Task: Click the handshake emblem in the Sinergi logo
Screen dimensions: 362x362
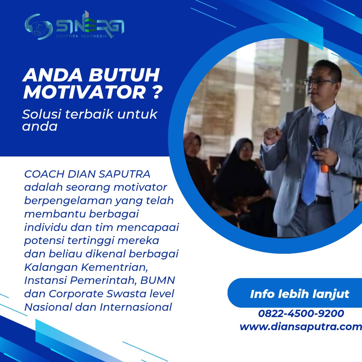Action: click(x=39, y=27)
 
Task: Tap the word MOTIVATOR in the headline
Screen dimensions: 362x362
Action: click(x=85, y=93)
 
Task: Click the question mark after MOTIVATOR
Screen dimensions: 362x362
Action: click(x=158, y=93)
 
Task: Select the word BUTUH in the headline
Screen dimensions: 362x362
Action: click(x=124, y=75)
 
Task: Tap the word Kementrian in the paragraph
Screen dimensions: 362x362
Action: click(x=115, y=267)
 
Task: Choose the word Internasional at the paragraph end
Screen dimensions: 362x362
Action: click(x=136, y=307)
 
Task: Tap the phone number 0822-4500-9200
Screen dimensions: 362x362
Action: click(x=301, y=313)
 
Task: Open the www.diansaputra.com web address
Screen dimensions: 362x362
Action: click(x=301, y=327)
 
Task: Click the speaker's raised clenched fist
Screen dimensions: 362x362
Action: click(x=272, y=136)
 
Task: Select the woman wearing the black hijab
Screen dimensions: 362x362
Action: click(x=242, y=185)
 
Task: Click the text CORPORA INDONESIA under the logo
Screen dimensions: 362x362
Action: click(x=81, y=36)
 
